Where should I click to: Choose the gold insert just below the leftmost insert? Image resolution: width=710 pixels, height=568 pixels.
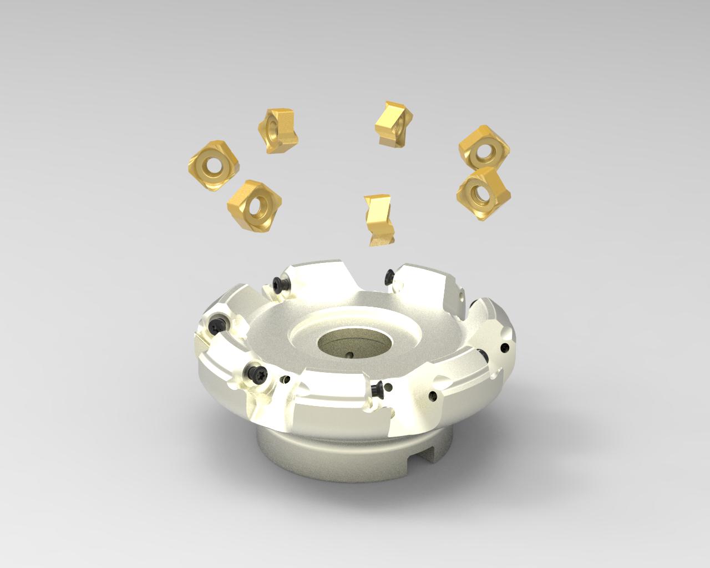coord(254,206)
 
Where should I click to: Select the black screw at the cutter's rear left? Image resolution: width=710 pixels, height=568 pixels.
coord(280,284)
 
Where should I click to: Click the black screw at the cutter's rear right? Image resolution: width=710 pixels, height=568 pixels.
coord(390,275)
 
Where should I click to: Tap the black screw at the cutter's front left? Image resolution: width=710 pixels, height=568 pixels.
coord(256,372)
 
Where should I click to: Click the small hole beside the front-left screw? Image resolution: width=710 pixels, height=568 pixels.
coord(286,380)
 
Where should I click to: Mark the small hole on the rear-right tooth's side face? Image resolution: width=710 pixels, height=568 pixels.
coord(464,295)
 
